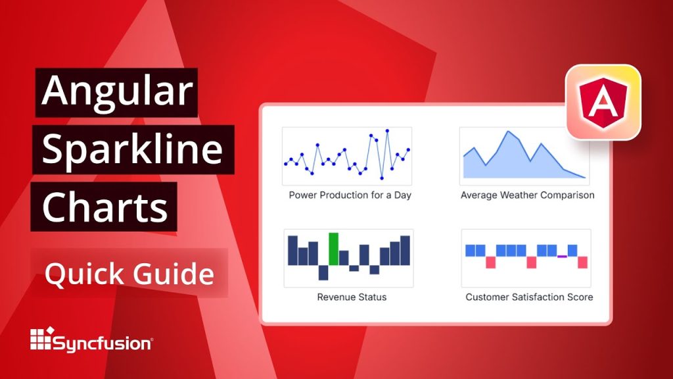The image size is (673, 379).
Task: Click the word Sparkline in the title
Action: pyautogui.click(x=132, y=150)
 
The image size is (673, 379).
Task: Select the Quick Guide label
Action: pyautogui.click(x=129, y=273)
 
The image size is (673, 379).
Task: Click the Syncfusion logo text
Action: pyautogui.click(x=103, y=343)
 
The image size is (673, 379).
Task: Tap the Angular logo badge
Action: pyautogui.click(x=603, y=102)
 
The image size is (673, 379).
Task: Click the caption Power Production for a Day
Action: pyautogui.click(x=350, y=195)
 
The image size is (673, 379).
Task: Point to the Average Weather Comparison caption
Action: pyautogui.click(x=527, y=195)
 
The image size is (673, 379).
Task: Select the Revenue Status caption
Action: pyautogui.click(x=352, y=297)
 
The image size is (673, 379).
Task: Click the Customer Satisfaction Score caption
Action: pyautogui.click(x=529, y=297)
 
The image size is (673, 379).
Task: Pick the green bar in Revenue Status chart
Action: pyautogui.click(x=334, y=249)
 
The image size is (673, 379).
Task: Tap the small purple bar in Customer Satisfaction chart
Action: pyautogui.click(x=562, y=256)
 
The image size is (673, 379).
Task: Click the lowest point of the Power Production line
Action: pyautogui.click(x=382, y=178)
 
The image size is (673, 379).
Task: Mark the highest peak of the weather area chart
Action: pyautogui.click(x=507, y=132)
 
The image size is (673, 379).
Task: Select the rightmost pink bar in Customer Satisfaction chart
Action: pyautogui.click(x=582, y=262)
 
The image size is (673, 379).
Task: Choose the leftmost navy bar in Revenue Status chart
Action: pyautogui.click(x=292, y=250)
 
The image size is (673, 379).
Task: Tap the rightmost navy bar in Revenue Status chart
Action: pyautogui.click(x=405, y=251)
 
